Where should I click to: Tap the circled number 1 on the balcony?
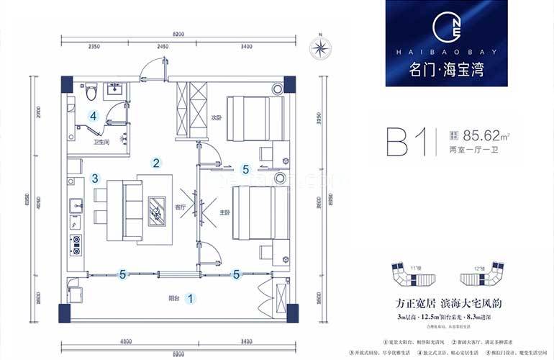point(190,296)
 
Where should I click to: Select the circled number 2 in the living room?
point(155,163)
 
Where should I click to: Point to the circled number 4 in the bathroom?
point(93,115)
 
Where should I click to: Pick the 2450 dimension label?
point(162,48)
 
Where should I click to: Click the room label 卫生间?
point(101,142)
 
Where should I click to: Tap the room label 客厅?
point(181,207)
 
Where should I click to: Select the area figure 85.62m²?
point(487,134)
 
